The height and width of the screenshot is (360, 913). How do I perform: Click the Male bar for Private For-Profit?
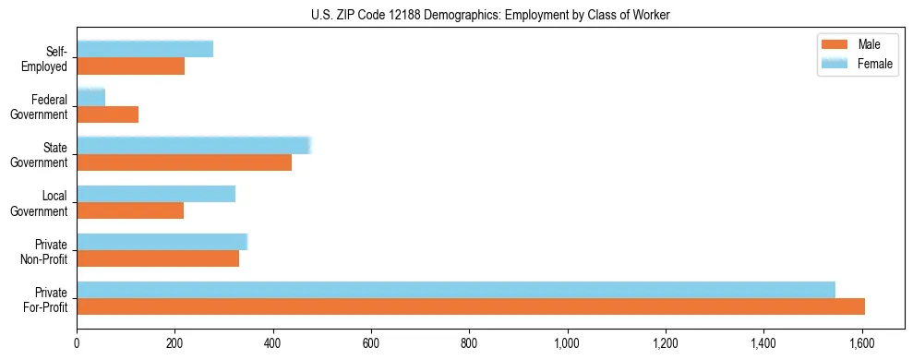[471, 306]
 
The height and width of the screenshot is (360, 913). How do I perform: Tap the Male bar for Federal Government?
[107, 114]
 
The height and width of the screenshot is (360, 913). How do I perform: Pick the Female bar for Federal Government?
[90, 97]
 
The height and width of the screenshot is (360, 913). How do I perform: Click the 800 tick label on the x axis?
[469, 343]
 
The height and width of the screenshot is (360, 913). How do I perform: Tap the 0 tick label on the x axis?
[77, 343]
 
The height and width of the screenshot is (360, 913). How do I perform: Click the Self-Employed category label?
[48, 58]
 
